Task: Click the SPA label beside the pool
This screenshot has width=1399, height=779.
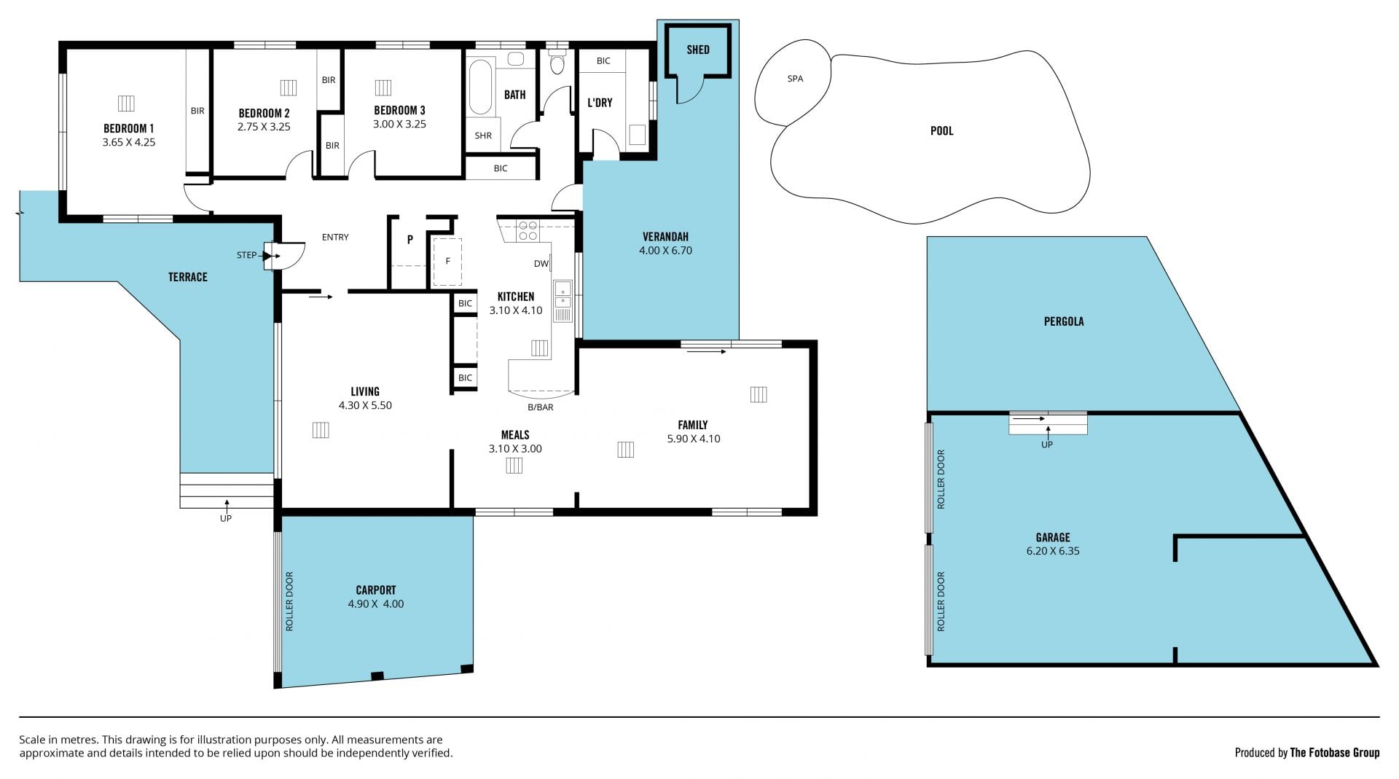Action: (x=795, y=79)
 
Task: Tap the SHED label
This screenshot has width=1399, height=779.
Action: (x=698, y=50)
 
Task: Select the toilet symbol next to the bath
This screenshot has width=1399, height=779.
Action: (x=557, y=61)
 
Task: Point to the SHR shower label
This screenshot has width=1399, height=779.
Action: (x=483, y=136)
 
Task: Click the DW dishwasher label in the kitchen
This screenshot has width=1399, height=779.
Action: (x=541, y=264)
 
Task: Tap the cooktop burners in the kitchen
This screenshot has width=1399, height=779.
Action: (x=528, y=230)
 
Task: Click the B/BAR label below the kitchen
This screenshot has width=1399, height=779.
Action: (x=541, y=407)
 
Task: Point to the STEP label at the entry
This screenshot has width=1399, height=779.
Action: (x=246, y=255)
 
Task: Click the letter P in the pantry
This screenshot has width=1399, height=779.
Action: (x=410, y=239)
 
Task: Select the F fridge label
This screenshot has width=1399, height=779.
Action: (x=448, y=261)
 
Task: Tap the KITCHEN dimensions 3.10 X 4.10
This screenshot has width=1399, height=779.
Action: (x=516, y=310)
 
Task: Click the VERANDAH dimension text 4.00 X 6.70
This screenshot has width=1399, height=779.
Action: (x=665, y=251)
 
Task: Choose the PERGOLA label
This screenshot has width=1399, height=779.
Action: (x=1064, y=321)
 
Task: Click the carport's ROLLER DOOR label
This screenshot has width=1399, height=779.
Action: (x=289, y=601)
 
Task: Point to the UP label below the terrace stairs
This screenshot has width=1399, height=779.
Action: (x=226, y=519)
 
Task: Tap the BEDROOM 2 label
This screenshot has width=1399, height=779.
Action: (x=264, y=113)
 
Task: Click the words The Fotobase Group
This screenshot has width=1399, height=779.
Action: (x=1335, y=753)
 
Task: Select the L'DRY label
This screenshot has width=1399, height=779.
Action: (x=600, y=103)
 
